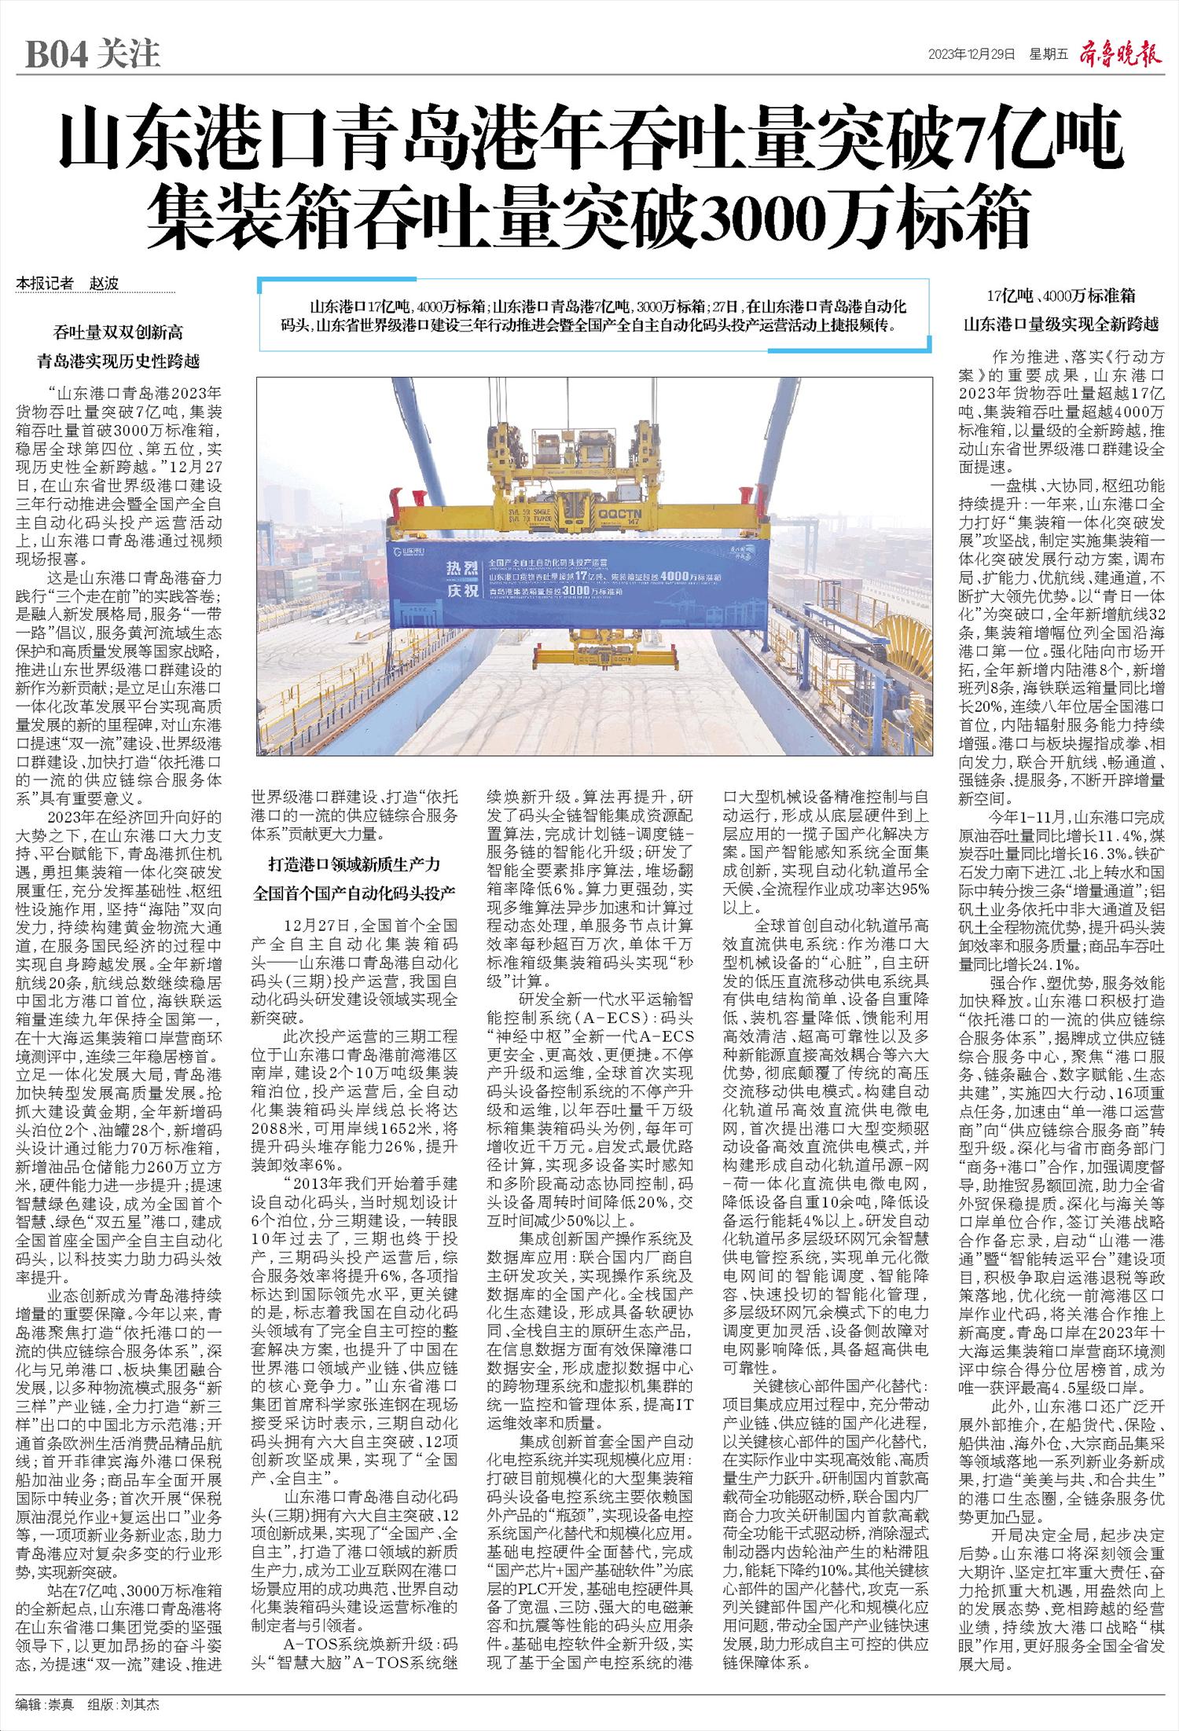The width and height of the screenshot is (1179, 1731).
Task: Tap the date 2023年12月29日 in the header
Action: tap(971, 54)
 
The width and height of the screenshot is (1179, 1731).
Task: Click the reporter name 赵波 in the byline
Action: tap(105, 284)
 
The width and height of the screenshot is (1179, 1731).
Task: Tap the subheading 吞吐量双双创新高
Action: tap(119, 333)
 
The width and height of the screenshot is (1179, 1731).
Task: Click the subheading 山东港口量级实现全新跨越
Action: tap(1061, 324)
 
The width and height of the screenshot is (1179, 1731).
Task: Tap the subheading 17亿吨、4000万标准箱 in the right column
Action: tap(1061, 295)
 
